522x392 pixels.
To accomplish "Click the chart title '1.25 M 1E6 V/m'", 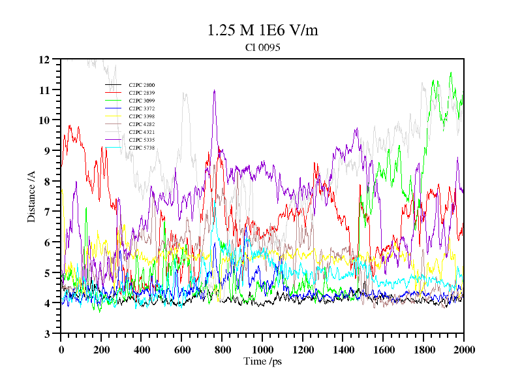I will (262, 30).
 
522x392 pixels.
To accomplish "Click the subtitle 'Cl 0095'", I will (262, 48).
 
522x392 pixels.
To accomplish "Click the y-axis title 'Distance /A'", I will (31, 196).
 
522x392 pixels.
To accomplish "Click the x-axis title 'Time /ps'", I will (262, 361).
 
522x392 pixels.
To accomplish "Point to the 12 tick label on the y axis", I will (44, 59).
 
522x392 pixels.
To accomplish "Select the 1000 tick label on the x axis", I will (262, 350).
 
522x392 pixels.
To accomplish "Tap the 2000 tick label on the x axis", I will (464, 350).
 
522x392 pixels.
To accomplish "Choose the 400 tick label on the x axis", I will (142, 350).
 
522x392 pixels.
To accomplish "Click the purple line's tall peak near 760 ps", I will (214, 91).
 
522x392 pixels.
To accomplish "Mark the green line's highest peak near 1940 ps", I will (451, 73).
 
